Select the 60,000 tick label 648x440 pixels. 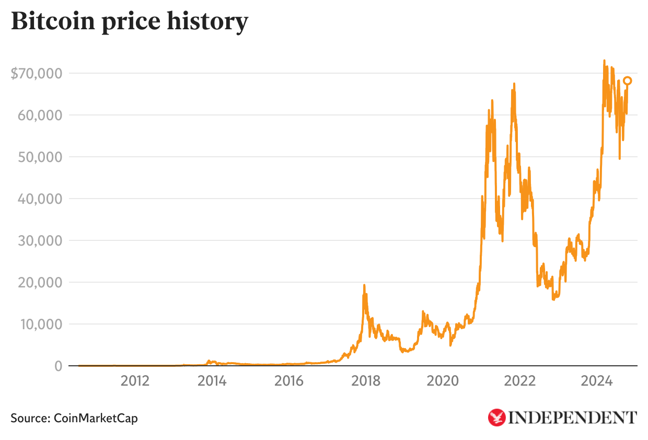click(x=40, y=115)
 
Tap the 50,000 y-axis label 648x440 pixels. click(x=40, y=157)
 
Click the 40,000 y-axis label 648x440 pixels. click(x=40, y=199)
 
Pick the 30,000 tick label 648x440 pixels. click(x=40, y=240)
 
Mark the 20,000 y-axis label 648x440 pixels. click(x=40, y=282)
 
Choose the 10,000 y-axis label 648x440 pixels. click(x=40, y=324)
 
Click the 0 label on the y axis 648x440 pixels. click(x=59, y=366)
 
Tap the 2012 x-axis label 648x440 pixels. click(x=135, y=381)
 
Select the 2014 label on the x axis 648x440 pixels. click(x=212, y=381)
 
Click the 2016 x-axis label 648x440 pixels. click(x=289, y=381)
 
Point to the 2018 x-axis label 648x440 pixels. click(x=366, y=381)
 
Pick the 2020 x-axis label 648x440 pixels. click(x=443, y=381)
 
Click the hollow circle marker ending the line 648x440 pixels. click(x=628, y=80)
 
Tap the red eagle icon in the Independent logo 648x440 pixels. click(x=496, y=417)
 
